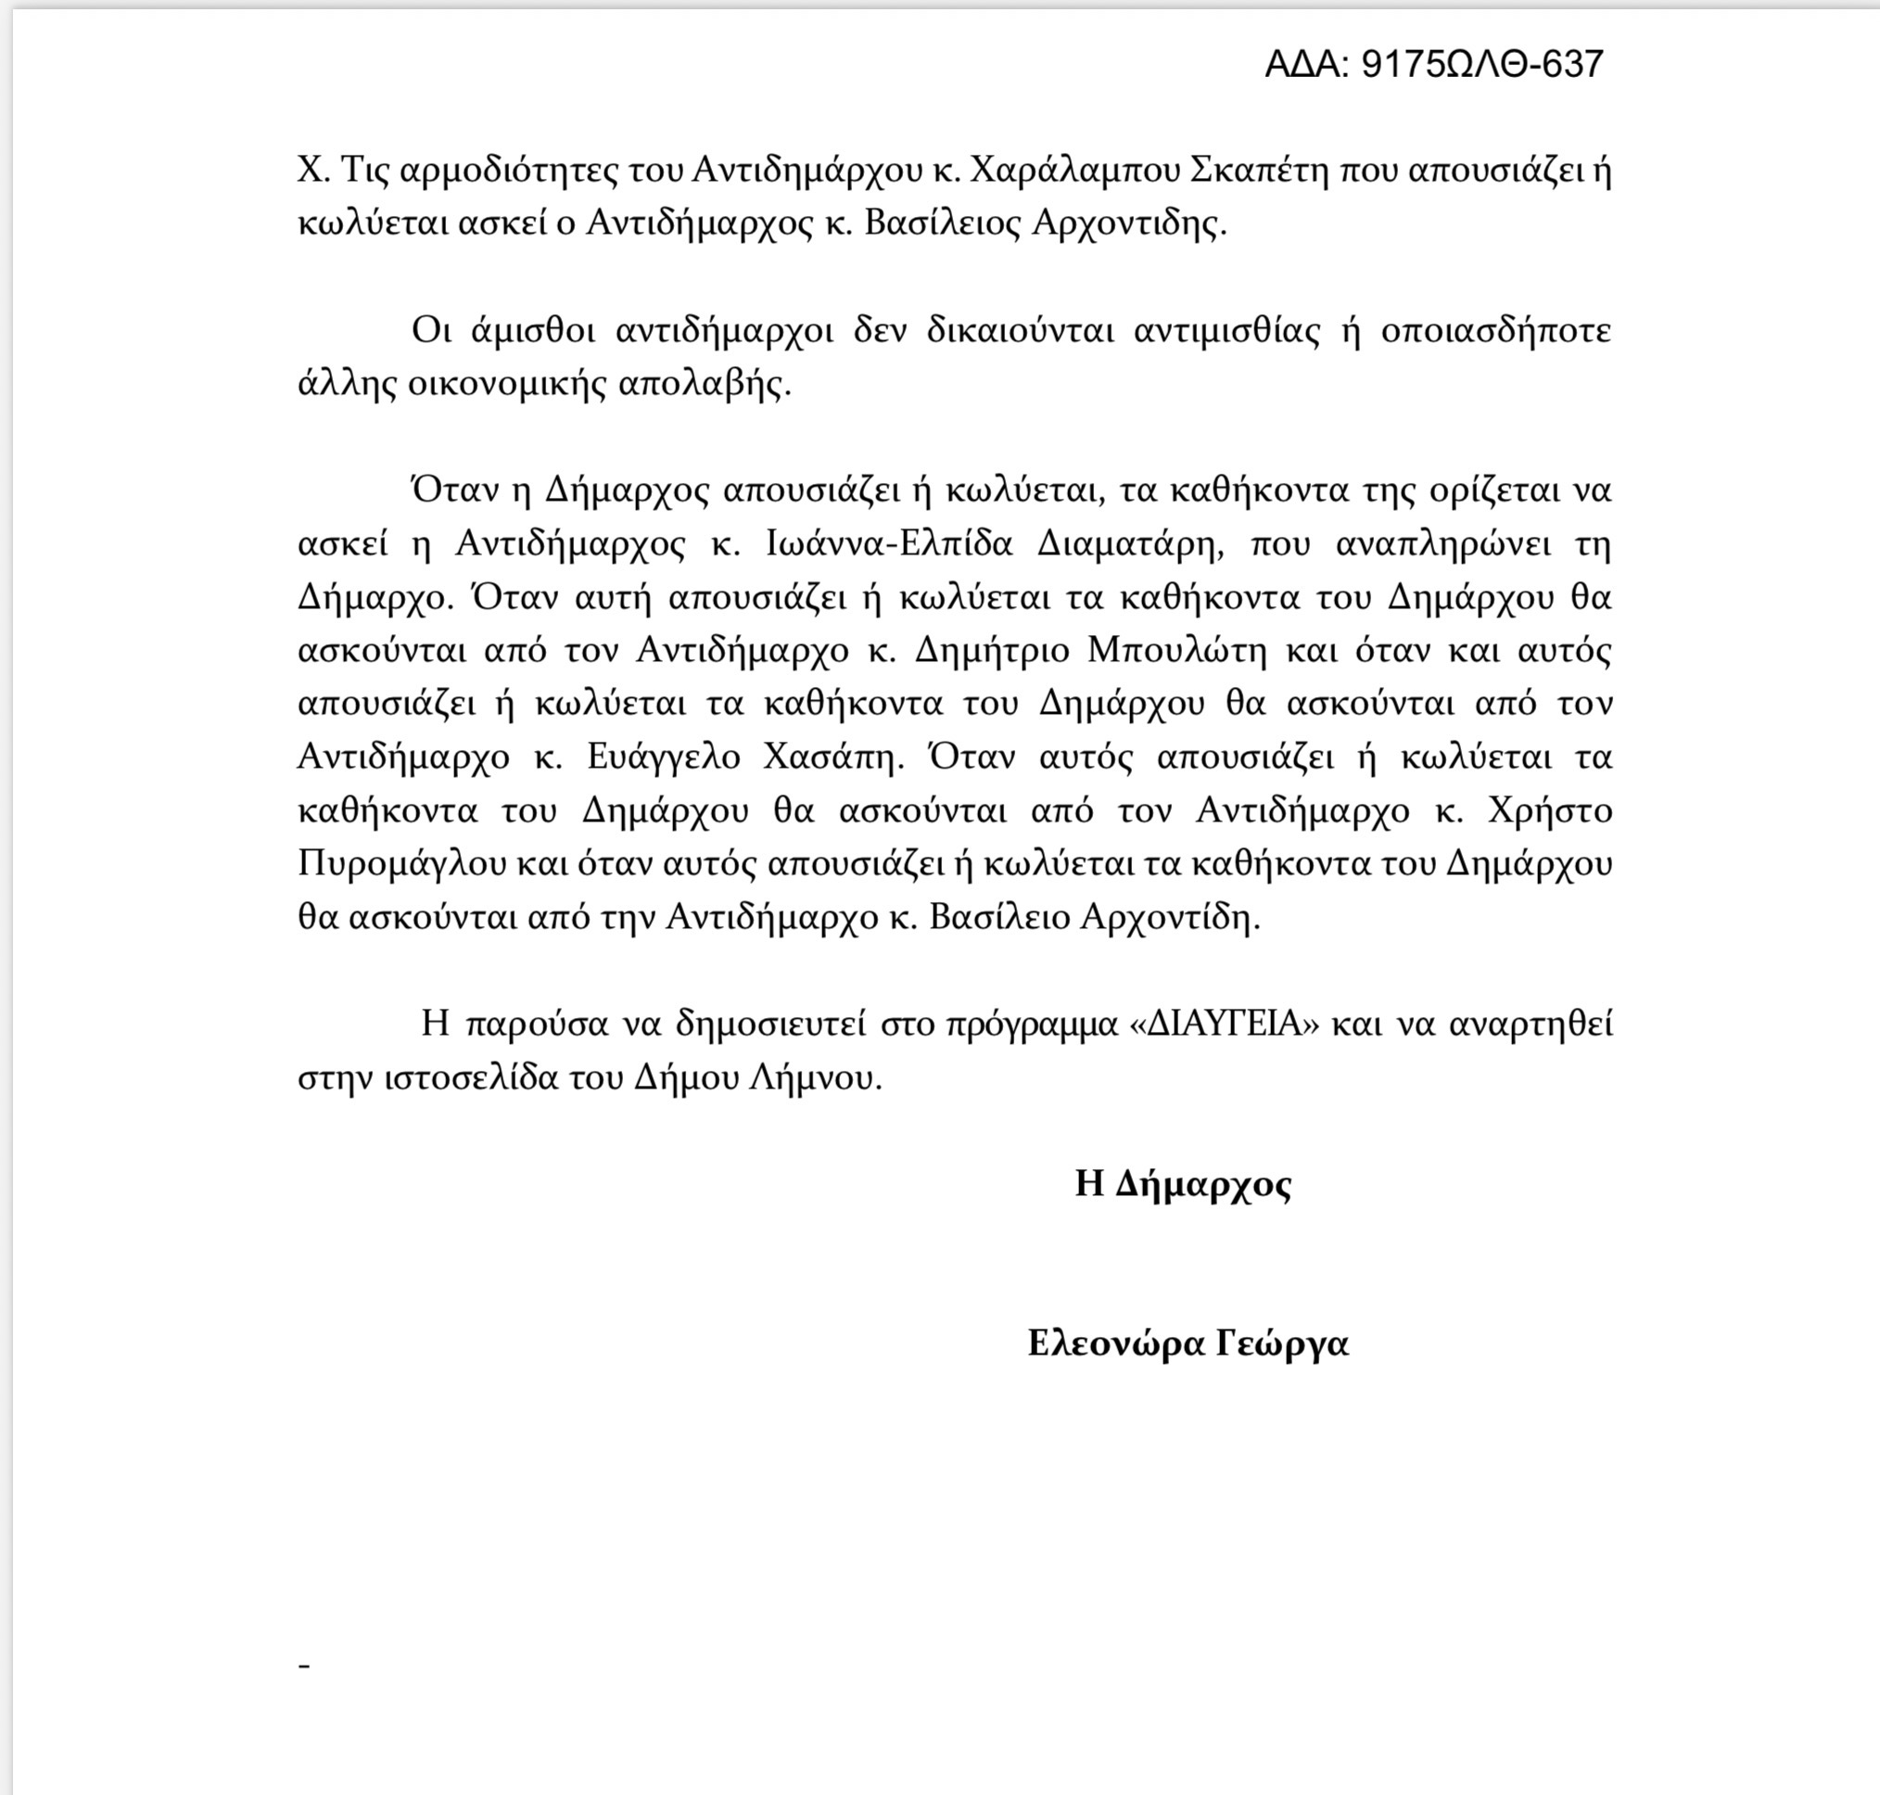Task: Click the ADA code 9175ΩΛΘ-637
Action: [1433, 64]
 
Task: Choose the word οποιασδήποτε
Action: [1495, 330]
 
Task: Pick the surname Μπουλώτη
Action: [1176, 651]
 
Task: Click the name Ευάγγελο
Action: [664, 757]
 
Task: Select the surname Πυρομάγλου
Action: [401, 864]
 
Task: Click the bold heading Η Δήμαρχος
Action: [1184, 1184]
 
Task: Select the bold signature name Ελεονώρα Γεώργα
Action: [1188, 1343]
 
